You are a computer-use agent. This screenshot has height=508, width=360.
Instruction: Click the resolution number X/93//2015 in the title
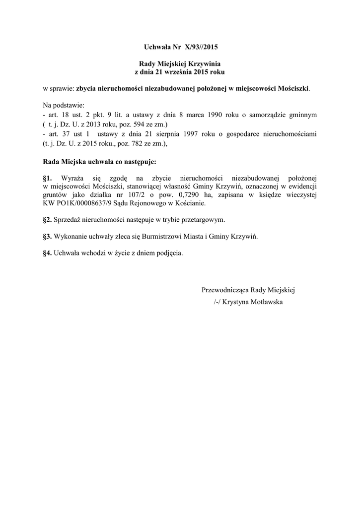point(201,48)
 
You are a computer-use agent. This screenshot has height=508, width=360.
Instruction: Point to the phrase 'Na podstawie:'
point(64,105)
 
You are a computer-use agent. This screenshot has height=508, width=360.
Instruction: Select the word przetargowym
point(205,219)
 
